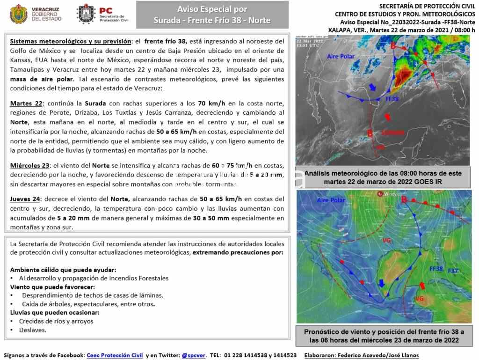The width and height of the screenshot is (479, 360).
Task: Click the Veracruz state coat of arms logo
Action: coord(18,14)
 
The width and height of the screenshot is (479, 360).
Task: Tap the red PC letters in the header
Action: coord(106,10)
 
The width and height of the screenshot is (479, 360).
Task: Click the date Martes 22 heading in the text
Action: coord(26,103)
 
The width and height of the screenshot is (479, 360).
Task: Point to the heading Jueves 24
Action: coord(25,198)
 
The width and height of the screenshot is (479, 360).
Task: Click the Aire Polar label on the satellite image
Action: coord(341,57)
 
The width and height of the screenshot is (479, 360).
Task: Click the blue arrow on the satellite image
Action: coord(373,88)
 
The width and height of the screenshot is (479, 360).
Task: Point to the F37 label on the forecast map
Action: coord(453,271)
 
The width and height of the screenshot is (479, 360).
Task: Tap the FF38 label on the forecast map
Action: coord(436,269)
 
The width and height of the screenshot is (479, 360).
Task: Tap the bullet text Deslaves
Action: coord(32,330)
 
